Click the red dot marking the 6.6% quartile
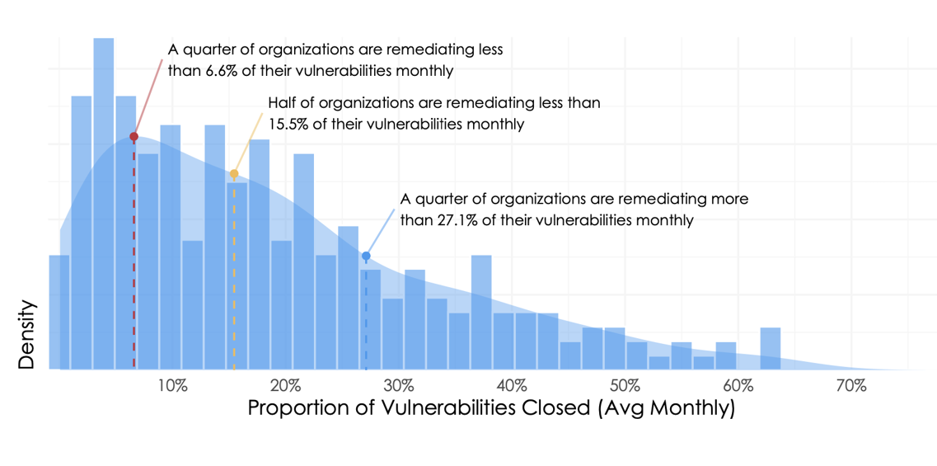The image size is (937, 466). pos(134,136)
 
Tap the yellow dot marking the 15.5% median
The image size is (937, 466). pos(234,174)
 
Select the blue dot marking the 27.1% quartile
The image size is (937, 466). pos(366,257)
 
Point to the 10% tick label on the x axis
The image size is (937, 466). pos(171,386)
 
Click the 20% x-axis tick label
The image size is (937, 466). pos(284,386)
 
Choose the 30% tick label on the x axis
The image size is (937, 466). pos(398,386)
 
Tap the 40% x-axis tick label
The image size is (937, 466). pos(511,386)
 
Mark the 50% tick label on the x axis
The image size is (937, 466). pos(625,386)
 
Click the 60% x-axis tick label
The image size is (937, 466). pos(738,386)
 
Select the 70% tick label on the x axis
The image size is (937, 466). pos(850,386)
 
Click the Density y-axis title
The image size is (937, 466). pos(27,334)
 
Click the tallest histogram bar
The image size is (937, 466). pos(103,206)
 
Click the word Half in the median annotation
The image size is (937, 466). pos(283,104)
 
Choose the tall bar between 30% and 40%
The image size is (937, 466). pos(481,313)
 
